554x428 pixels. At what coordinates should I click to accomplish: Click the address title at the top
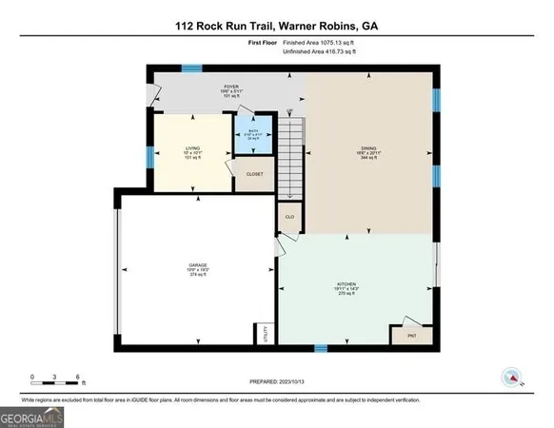pos(276,26)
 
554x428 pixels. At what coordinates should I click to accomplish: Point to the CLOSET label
pos(254,174)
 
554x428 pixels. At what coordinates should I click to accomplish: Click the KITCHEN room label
pos(346,289)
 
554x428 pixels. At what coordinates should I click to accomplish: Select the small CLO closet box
pos(289,217)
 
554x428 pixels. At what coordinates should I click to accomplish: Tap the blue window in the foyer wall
pos(193,68)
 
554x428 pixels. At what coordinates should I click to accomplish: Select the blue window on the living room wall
pos(148,156)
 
